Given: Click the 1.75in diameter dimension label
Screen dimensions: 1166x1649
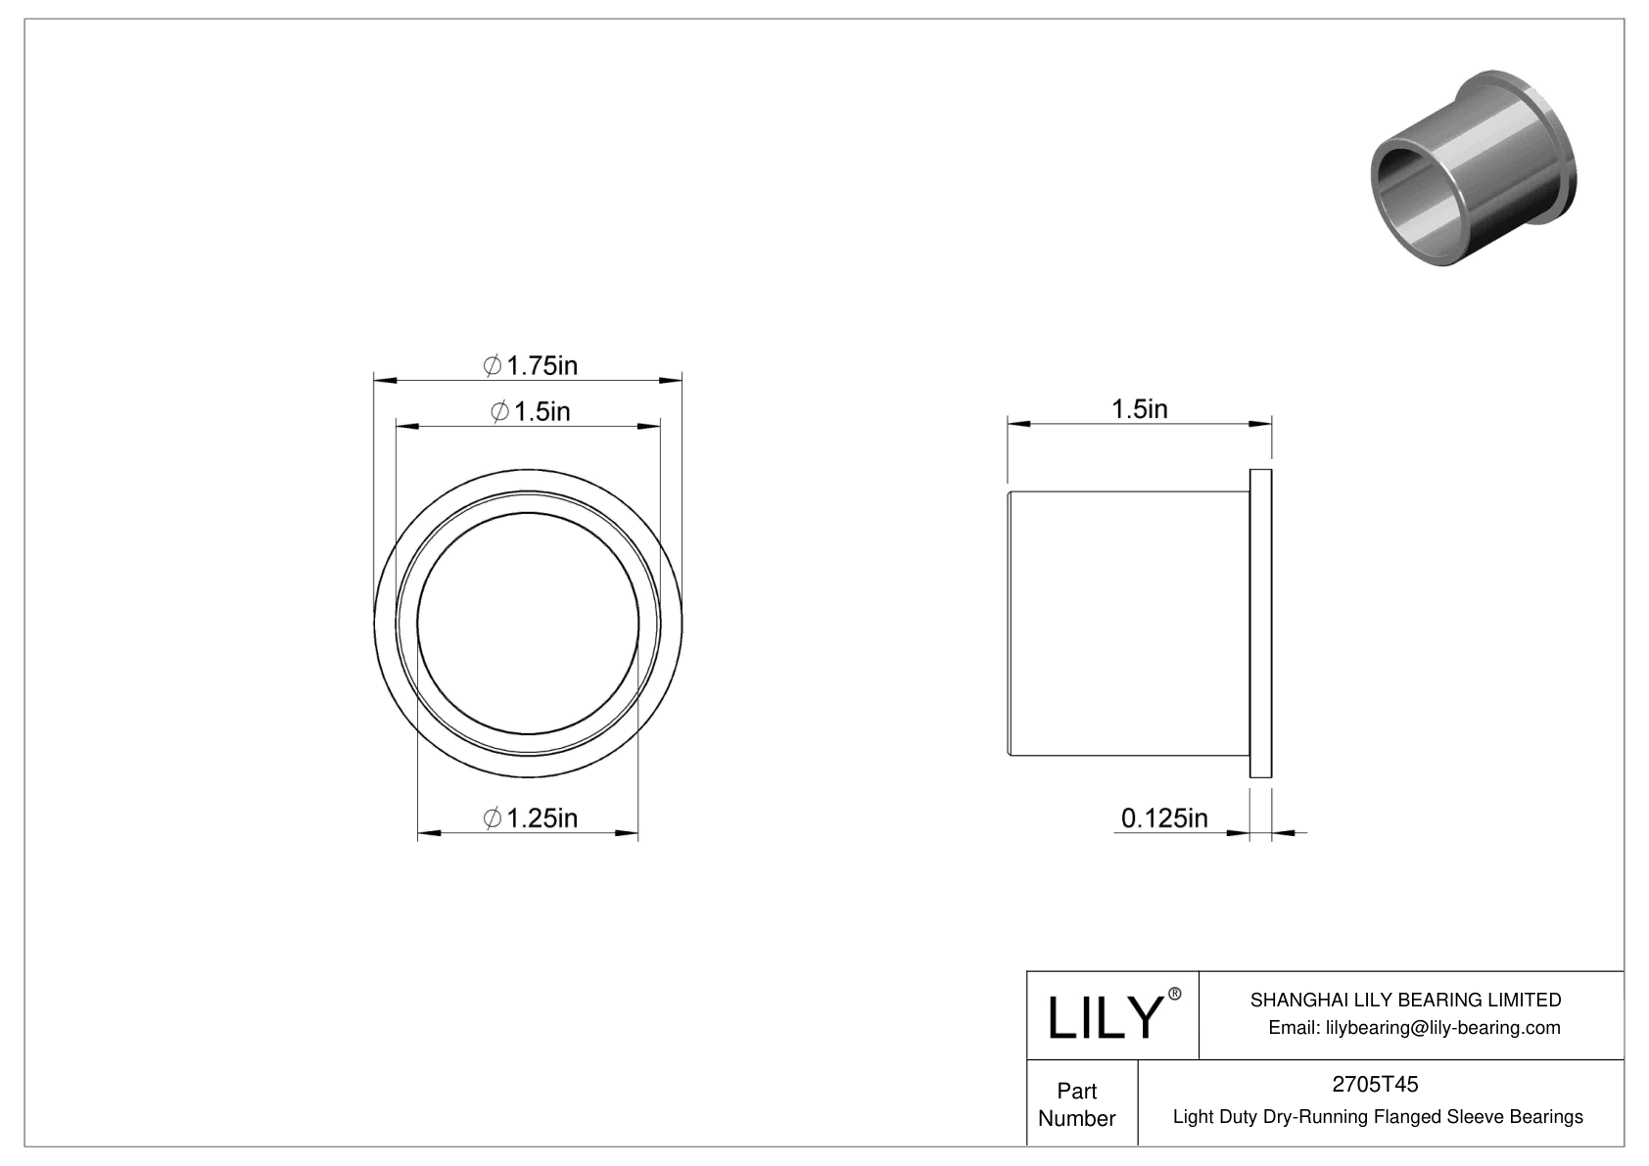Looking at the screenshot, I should pos(531,366).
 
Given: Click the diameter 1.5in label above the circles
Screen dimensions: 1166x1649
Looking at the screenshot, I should pos(530,412).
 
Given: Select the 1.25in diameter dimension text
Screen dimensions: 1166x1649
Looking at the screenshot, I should pos(531,817).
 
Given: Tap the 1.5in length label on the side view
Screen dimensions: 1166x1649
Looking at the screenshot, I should pos(1139,409).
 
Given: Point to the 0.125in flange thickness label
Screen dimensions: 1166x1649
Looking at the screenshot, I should pos(1164,817).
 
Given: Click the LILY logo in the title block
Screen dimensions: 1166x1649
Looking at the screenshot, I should pos(1104,1018).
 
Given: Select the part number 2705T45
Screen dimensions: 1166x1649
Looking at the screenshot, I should pos(1376,1084).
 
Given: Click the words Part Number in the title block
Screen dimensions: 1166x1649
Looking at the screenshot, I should pos(1077,1104).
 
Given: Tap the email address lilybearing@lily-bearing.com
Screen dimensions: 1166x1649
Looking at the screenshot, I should pos(1414,1027).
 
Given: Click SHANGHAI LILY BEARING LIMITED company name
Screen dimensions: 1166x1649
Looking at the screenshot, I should pos(1405,1000).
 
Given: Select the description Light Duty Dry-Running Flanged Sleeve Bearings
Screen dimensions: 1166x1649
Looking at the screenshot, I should pos(1377,1116).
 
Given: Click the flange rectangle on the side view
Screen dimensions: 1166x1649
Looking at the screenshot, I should pos(1260,624).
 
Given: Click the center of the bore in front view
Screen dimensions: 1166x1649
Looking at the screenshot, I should pos(528,623).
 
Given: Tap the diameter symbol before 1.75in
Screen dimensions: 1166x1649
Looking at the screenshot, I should pos(493,366).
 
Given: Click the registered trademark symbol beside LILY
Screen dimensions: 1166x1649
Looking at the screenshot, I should pos(1175,995).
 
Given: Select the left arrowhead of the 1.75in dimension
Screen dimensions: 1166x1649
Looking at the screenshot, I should pos(383,379).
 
